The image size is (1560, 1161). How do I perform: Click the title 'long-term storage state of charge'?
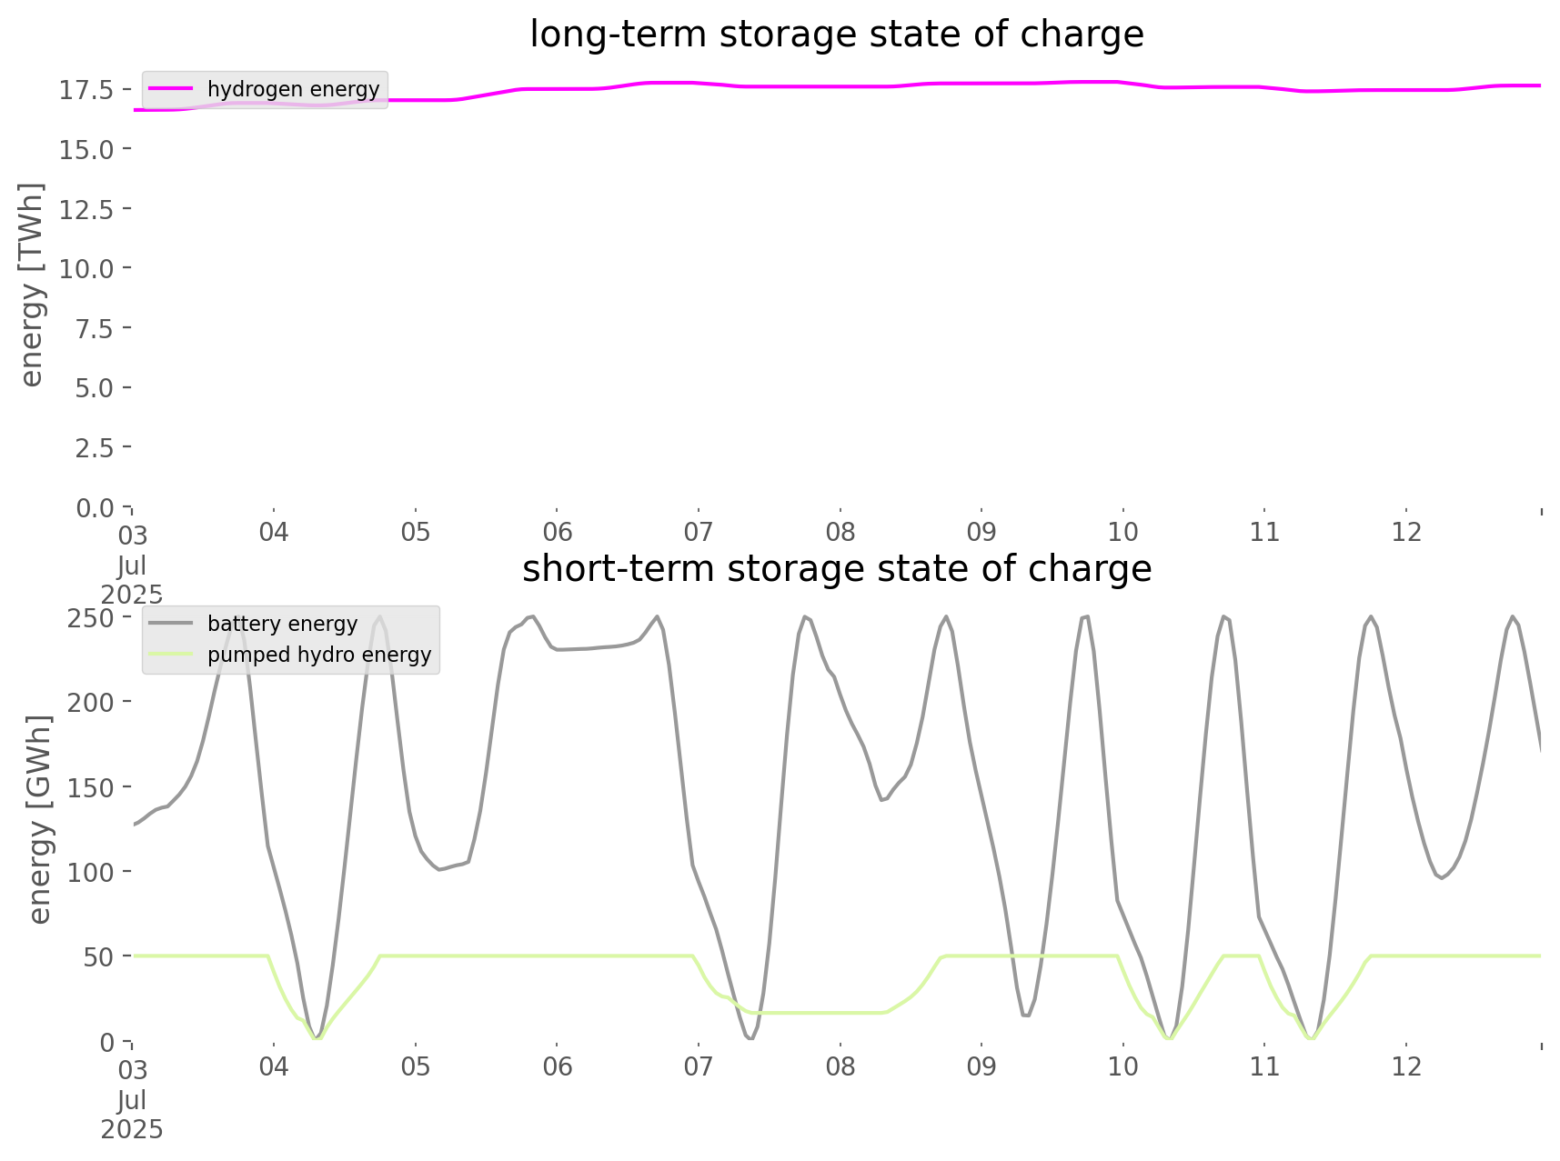click(x=836, y=35)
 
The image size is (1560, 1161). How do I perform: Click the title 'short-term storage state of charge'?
click(x=836, y=569)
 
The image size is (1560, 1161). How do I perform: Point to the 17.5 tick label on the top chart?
click(x=86, y=90)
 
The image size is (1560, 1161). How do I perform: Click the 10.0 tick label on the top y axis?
click(x=86, y=269)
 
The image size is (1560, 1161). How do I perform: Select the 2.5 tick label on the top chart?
click(x=94, y=448)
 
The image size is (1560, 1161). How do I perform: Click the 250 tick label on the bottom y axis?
click(x=90, y=618)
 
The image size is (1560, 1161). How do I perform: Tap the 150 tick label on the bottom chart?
click(x=90, y=787)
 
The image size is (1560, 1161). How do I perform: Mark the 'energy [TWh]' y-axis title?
click(x=32, y=285)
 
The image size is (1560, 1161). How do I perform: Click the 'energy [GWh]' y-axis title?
click(x=39, y=819)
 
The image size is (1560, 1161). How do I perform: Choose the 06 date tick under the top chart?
click(x=557, y=532)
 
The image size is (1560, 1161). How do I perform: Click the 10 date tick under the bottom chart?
click(x=1122, y=1066)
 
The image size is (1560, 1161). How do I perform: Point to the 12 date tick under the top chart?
click(x=1406, y=532)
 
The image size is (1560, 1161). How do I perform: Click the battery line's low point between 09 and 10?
click(x=1026, y=1016)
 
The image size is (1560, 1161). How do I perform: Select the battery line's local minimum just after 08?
click(x=881, y=800)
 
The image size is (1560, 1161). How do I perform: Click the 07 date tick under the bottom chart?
click(x=699, y=1066)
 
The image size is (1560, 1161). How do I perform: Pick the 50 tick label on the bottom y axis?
click(x=97, y=957)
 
